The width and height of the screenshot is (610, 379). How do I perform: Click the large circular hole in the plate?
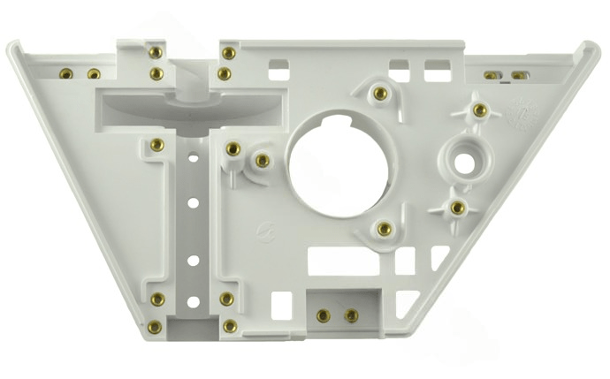pos(337,161)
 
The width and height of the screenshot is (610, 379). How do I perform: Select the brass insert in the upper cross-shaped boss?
pos(479,110)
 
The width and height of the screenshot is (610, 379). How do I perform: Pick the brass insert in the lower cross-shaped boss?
pos(458,208)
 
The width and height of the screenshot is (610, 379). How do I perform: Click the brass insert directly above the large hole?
pos(380,93)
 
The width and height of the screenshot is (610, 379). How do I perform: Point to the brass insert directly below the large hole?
pos(384,229)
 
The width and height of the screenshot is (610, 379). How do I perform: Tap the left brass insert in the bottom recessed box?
pos(324,315)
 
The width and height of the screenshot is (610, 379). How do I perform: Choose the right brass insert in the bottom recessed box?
pos(351,315)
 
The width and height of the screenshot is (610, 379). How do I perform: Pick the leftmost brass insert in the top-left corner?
pos(65,73)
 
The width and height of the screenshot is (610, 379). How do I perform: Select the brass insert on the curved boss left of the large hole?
pos(263,161)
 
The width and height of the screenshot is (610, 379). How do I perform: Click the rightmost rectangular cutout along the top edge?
pos(438,70)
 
